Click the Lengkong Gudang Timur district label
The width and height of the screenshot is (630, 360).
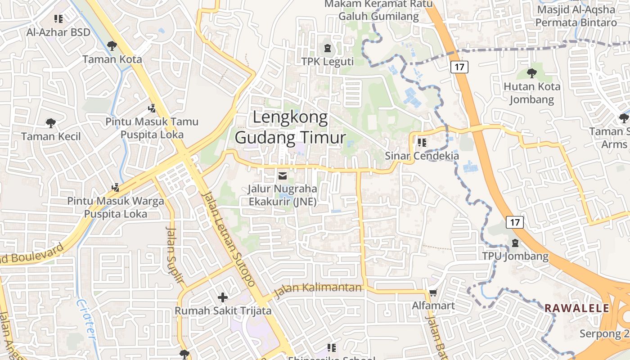[290, 127]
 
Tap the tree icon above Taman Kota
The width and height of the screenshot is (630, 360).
[112, 45]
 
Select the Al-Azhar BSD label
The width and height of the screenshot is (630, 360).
[58, 32]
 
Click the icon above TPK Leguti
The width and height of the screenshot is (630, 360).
[327, 48]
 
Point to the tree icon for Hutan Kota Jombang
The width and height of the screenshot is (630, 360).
[532, 73]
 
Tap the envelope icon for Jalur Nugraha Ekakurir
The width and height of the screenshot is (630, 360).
[283, 175]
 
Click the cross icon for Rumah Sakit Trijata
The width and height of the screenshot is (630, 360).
[223, 297]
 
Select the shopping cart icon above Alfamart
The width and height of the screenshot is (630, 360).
[433, 293]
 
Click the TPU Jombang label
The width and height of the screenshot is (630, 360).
[515, 256]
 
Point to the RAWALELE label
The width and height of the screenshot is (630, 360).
[577, 309]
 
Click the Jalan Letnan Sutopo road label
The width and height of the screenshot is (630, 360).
[229, 239]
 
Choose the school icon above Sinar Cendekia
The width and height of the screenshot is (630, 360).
[422, 143]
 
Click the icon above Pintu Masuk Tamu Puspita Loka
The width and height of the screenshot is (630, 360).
[152, 108]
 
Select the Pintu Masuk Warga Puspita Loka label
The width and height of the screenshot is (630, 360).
[116, 207]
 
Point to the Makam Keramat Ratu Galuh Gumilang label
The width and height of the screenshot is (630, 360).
[378, 10]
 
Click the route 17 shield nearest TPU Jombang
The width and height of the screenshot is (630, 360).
[515, 222]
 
